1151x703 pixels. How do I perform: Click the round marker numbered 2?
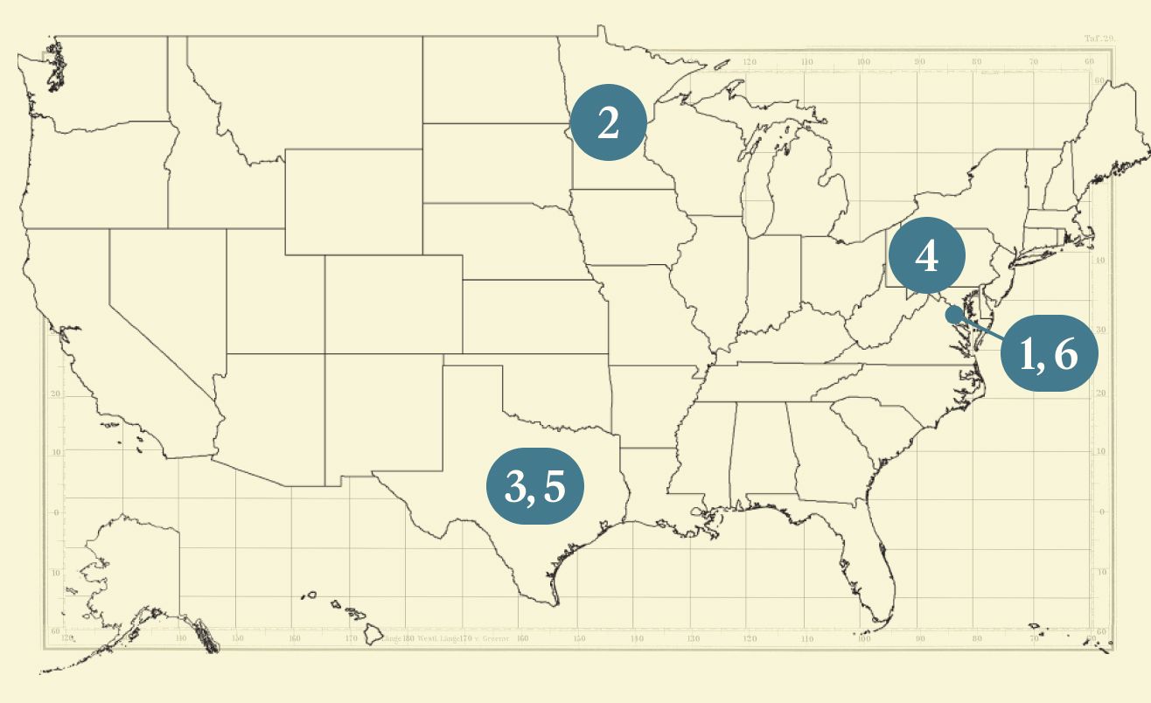608,123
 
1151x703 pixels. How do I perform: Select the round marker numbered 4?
927,256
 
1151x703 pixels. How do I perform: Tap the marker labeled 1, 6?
1048,353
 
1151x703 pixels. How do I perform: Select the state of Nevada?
166,289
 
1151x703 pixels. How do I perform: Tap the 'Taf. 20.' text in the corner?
1096,38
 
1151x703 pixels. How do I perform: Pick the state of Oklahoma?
560,389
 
